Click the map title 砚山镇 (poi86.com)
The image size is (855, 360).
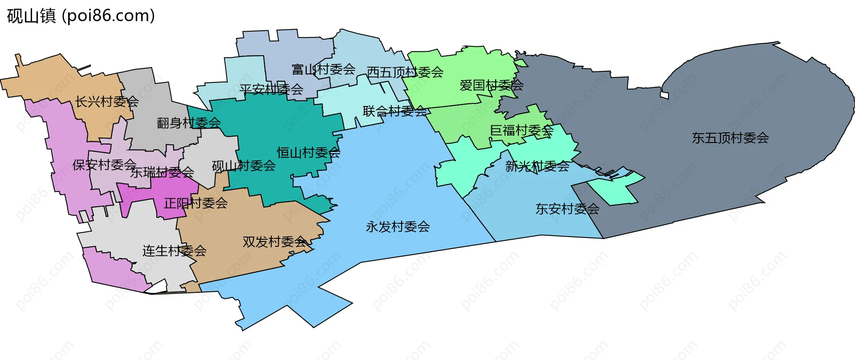81,16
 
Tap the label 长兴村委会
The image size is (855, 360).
107,102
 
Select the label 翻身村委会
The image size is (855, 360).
189,123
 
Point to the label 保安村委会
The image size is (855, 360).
104,165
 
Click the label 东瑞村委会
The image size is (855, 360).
162,172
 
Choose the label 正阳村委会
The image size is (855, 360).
196,204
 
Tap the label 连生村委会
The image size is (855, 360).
175,251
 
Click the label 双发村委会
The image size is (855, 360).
275,242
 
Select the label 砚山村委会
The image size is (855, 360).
244,166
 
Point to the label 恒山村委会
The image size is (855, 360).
309,153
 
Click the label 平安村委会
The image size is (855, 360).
271,89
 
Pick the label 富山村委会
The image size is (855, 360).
324,70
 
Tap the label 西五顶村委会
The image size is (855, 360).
405,72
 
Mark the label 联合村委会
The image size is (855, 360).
395,111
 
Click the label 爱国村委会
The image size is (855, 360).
492,85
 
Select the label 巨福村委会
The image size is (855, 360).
521,131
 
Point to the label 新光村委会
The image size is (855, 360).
537,167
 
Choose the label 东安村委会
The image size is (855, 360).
567,209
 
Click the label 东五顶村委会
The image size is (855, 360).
730,138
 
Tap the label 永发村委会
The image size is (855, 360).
398,227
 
